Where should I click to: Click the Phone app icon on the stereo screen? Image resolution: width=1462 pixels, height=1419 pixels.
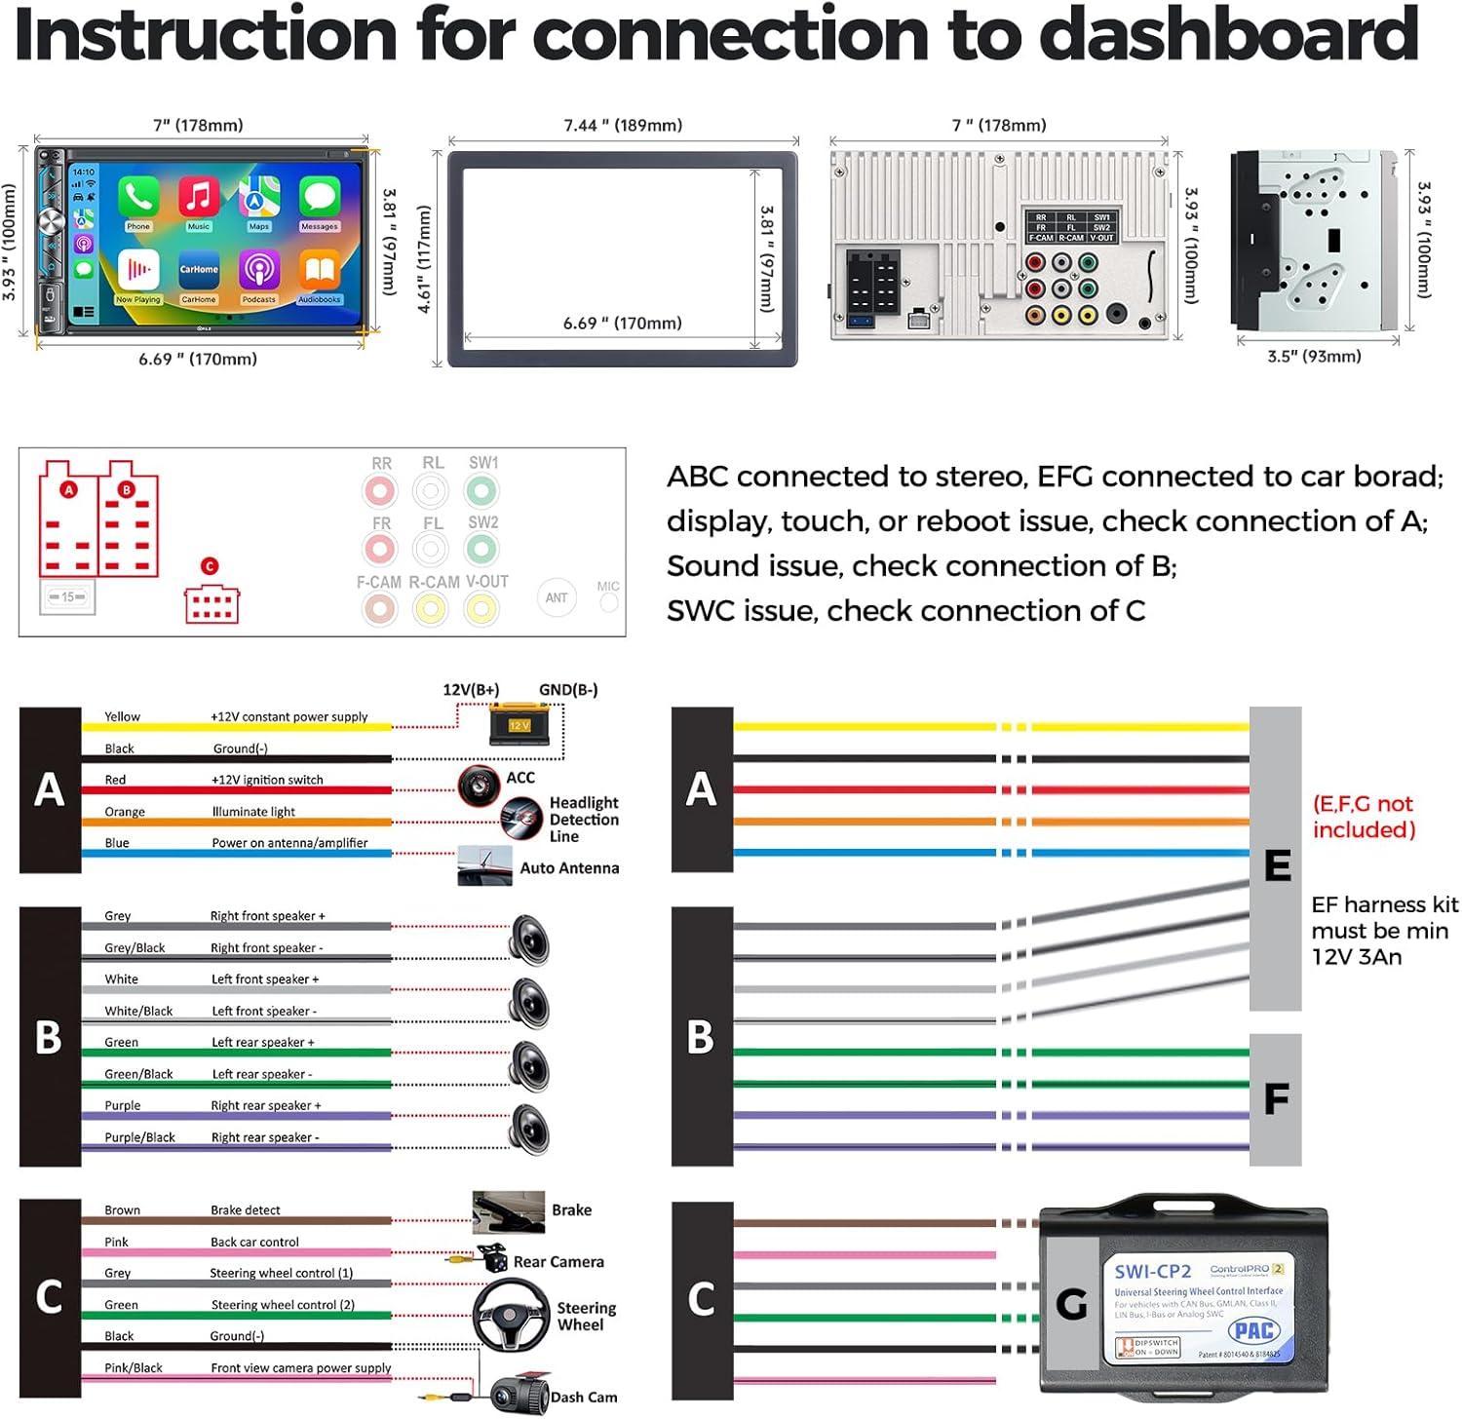(x=138, y=198)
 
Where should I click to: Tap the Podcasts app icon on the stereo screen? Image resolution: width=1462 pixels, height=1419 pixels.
(x=259, y=271)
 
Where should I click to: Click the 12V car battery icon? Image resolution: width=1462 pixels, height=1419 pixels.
(x=520, y=724)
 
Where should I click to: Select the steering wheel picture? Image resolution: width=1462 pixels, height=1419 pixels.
(x=512, y=1316)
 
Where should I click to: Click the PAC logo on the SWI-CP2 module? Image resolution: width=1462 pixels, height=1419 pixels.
(x=1253, y=1330)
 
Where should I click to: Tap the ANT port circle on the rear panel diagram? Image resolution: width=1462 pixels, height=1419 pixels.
(x=557, y=597)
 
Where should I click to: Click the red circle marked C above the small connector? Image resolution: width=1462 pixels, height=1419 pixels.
(x=210, y=566)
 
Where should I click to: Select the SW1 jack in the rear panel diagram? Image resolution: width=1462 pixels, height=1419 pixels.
(x=481, y=491)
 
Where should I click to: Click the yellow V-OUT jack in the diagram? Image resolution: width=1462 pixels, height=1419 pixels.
(x=481, y=609)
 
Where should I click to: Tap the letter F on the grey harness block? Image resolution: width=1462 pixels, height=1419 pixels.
(x=1276, y=1099)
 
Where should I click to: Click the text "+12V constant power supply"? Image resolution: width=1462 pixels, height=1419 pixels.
(x=289, y=716)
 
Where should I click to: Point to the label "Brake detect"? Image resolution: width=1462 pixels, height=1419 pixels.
(x=246, y=1210)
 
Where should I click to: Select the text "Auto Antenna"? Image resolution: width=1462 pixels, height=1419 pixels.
(x=569, y=867)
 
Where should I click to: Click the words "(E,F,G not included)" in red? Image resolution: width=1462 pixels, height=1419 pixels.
(x=1364, y=817)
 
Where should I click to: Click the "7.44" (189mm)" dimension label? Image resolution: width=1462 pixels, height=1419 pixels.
(x=623, y=125)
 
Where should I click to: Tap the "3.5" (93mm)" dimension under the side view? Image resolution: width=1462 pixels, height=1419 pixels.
(x=1314, y=356)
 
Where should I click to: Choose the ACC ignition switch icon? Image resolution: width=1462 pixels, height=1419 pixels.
(x=479, y=784)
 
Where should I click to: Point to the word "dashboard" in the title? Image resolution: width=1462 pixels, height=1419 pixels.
(x=1229, y=34)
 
